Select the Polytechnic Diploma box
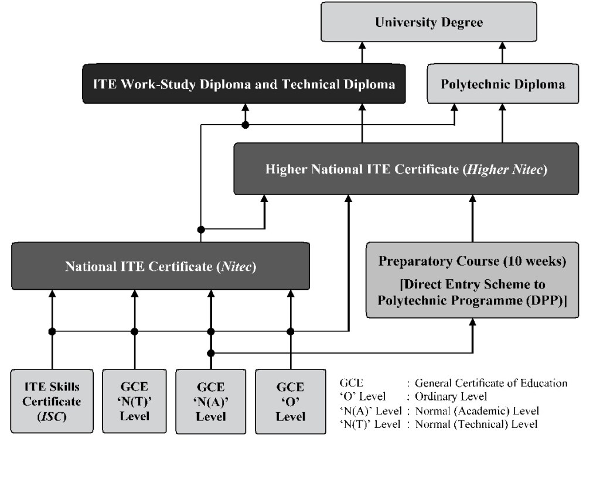(x=502, y=84)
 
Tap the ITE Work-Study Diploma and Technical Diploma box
(x=244, y=84)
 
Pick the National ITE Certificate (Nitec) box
(x=161, y=267)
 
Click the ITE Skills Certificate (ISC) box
(x=52, y=402)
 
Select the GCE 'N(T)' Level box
(x=134, y=402)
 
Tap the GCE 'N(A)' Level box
(x=210, y=402)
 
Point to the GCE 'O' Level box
(x=290, y=402)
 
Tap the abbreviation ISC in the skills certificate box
(x=52, y=416)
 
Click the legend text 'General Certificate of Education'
(x=491, y=383)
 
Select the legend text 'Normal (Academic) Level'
(x=477, y=411)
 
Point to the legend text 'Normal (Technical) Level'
(x=476, y=424)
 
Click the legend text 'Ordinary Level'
(x=451, y=397)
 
